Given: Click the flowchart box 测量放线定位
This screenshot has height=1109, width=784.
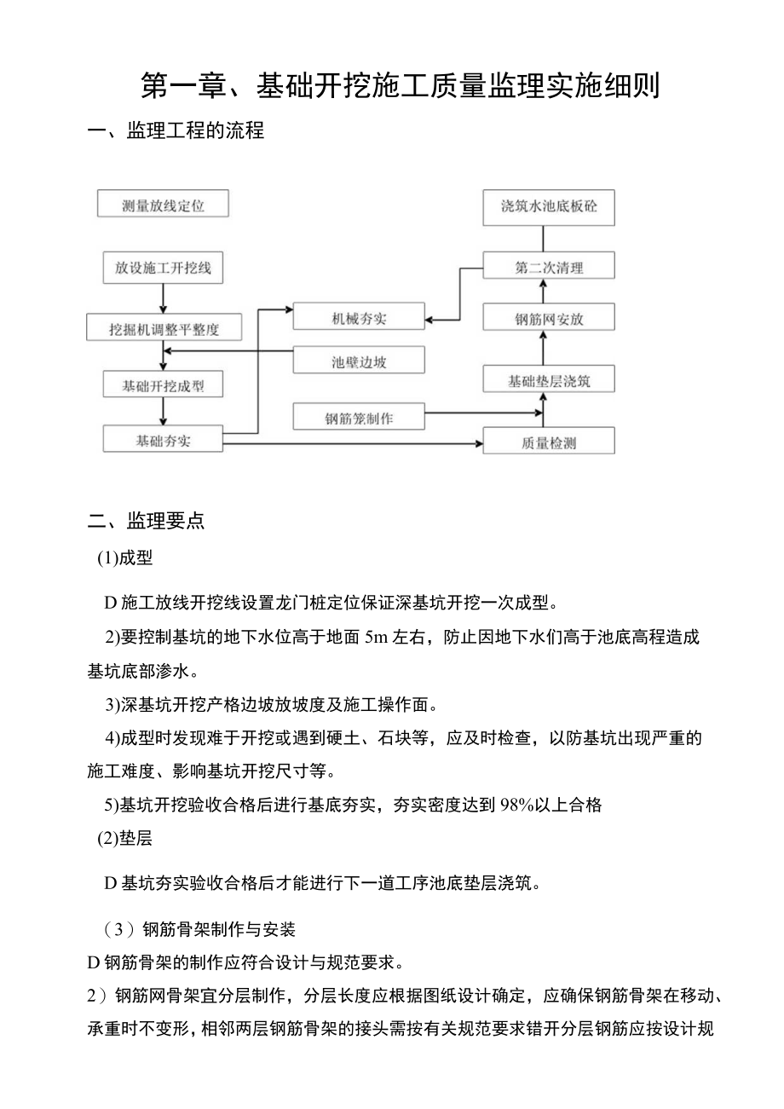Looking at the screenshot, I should pyautogui.click(x=163, y=205).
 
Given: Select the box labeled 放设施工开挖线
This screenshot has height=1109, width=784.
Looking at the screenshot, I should pyautogui.click(x=163, y=268).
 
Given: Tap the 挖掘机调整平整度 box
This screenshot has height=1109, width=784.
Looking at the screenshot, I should pyautogui.click(x=164, y=327).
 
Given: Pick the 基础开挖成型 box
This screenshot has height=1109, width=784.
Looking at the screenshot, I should pyautogui.click(x=164, y=385).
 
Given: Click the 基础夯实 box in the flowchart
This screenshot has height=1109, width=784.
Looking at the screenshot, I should pyautogui.click(x=163, y=440).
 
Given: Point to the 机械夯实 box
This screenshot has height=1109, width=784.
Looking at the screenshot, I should pyautogui.click(x=359, y=318).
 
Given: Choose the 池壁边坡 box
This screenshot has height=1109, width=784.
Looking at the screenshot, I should pyautogui.click(x=359, y=361).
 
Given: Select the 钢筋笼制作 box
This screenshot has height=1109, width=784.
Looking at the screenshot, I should pyautogui.click(x=359, y=418).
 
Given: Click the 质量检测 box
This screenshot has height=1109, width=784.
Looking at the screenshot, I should pyautogui.click(x=549, y=442).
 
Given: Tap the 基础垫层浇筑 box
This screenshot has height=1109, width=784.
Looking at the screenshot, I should pyautogui.click(x=549, y=380).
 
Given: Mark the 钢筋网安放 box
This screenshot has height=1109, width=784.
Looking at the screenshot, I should pyautogui.click(x=549, y=320).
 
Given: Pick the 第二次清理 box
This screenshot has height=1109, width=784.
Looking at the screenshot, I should pyautogui.click(x=549, y=267).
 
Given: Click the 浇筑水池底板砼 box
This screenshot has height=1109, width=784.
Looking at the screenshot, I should pyautogui.click(x=549, y=206).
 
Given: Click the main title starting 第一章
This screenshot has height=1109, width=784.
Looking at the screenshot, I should pyautogui.click(x=400, y=86).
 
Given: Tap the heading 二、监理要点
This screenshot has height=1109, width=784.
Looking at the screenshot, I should pyautogui.click(x=147, y=521).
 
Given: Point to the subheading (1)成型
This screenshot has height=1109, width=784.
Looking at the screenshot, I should pyautogui.click(x=124, y=558).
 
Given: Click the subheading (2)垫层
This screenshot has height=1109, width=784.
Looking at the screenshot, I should pyautogui.click(x=124, y=838).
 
